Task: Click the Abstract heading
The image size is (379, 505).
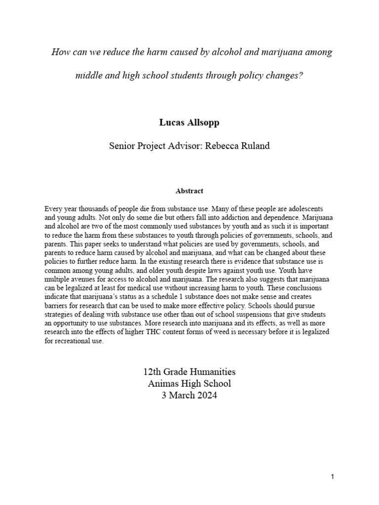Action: pos(189,190)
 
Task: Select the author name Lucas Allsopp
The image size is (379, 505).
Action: pos(189,123)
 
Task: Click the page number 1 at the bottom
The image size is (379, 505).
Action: pos(333,476)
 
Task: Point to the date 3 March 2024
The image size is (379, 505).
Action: pos(189,395)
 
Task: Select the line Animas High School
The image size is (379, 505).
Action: pos(189,383)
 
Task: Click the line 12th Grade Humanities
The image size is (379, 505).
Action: pos(189,371)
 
